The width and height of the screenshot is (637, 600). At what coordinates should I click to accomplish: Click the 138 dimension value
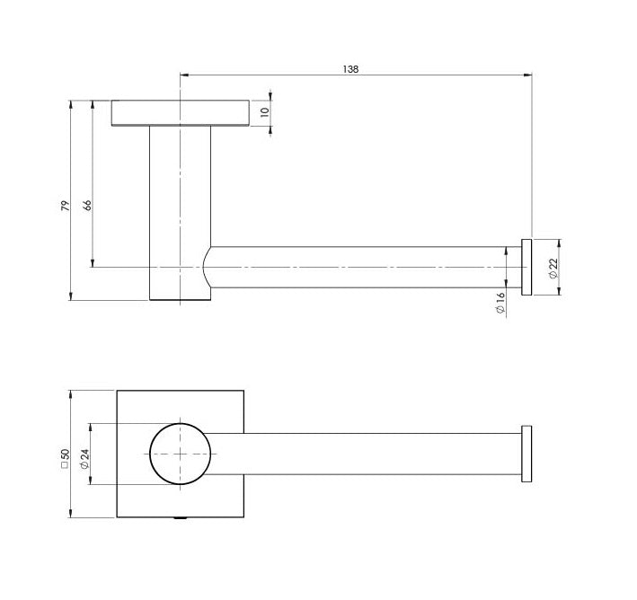pos(351,68)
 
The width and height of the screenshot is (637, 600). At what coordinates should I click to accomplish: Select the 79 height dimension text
pos(65,206)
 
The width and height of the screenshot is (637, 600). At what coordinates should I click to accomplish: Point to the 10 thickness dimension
pos(265,113)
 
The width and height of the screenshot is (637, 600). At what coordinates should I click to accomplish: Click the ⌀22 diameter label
pos(553,266)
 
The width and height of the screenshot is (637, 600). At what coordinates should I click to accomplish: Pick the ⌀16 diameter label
pos(500,303)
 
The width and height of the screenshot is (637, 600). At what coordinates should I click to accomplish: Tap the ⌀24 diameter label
pos(84,461)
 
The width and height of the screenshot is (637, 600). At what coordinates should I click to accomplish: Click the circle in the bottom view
pos(180,454)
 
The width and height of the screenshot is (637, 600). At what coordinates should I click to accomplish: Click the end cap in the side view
pos(527,267)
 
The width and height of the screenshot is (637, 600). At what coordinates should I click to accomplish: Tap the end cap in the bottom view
pos(527,454)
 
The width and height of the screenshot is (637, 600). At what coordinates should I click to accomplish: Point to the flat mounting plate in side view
pos(180,112)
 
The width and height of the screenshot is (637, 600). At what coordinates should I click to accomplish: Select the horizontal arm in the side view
pos(359,267)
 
